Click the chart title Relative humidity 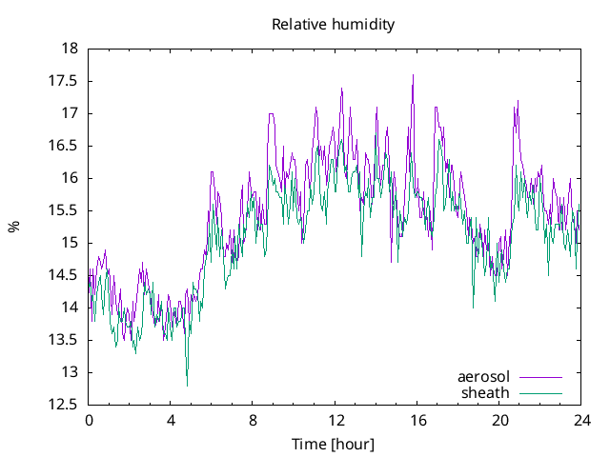[x=333, y=24]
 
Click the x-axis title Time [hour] [x=333, y=445]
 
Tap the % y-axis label [x=14, y=227]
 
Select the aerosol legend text [x=484, y=377]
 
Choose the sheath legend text [x=486, y=392]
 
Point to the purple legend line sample [x=539, y=377]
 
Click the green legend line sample [x=539, y=392]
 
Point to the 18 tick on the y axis [x=70, y=49]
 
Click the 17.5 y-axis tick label [x=64, y=81]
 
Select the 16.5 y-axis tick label [x=64, y=146]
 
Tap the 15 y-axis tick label [x=70, y=243]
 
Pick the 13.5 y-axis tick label [x=64, y=340]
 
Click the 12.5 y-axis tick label [x=64, y=405]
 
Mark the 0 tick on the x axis [x=90, y=421]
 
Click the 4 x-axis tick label [x=172, y=421]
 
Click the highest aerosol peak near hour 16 [x=413, y=75]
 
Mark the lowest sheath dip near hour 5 [x=187, y=385]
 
